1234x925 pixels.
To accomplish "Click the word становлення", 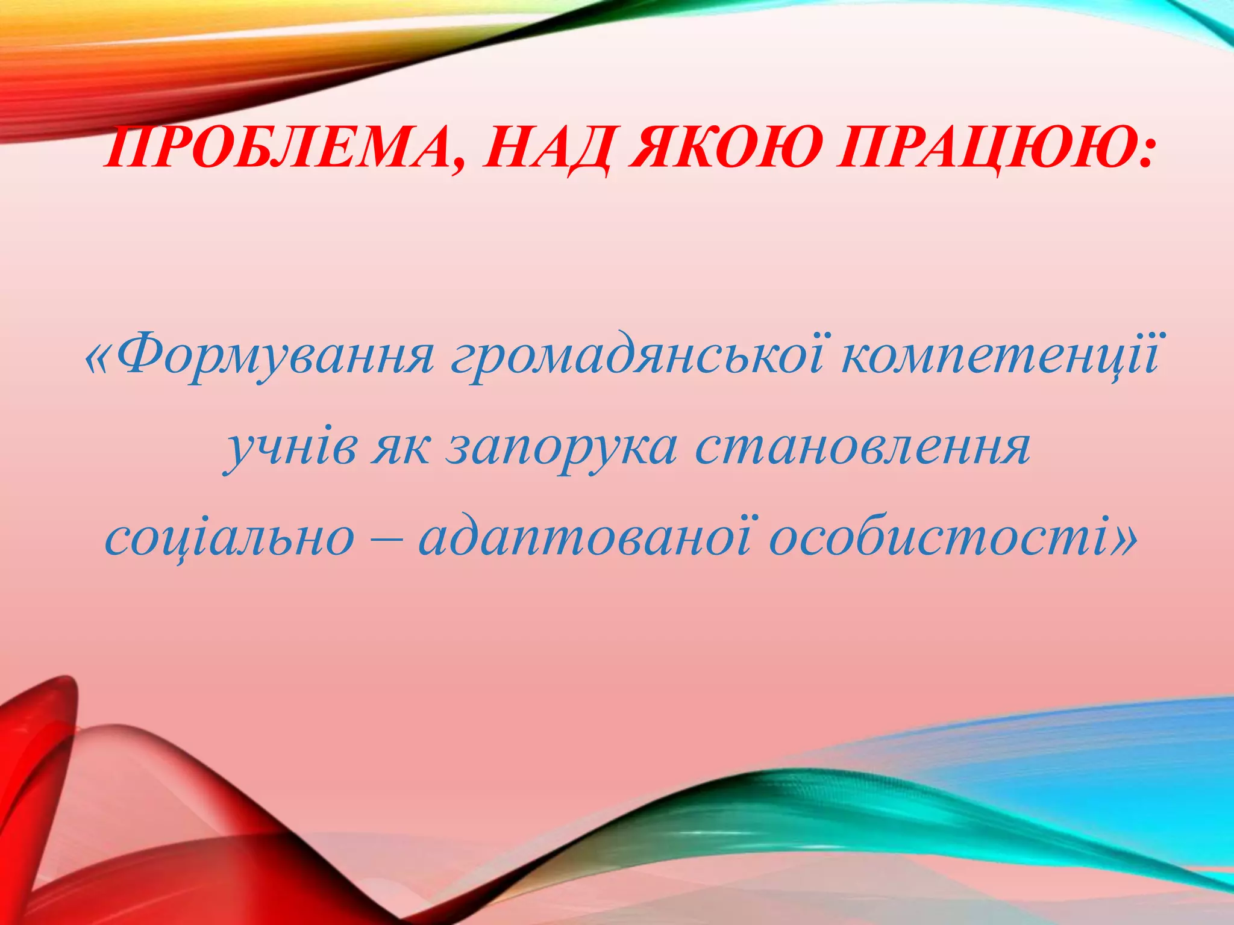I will pyautogui.click(x=862, y=449).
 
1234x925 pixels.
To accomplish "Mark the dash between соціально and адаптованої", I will pyautogui.click(x=386, y=539).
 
